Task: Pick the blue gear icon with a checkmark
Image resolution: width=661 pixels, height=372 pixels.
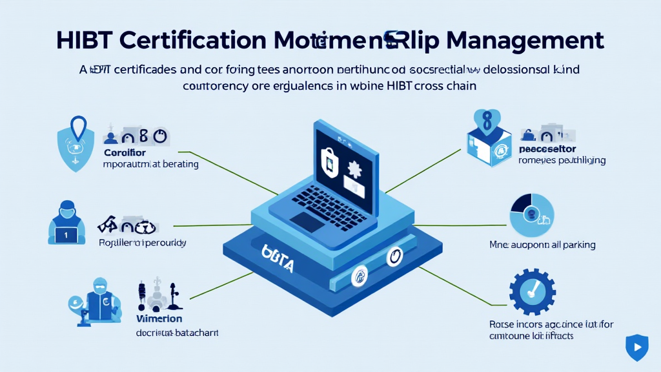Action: click(x=532, y=291)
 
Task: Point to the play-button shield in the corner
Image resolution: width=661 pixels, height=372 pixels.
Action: click(x=636, y=347)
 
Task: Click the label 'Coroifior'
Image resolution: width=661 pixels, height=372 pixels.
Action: click(x=125, y=153)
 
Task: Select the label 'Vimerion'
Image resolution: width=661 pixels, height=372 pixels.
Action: click(x=159, y=319)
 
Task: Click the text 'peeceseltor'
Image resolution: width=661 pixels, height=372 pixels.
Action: click(x=547, y=148)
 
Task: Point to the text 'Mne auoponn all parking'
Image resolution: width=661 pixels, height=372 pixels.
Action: click(x=542, y=245)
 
